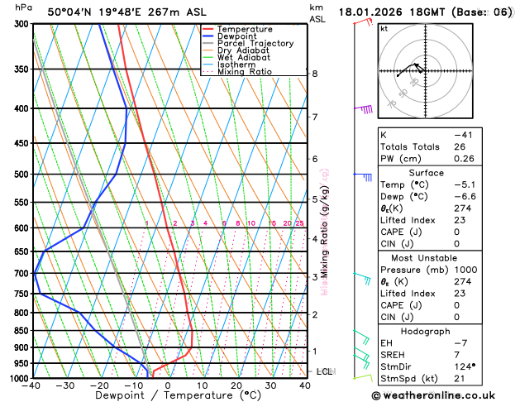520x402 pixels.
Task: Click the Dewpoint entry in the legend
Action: [236, 36]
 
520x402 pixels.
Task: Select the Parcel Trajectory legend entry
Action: [255, 44]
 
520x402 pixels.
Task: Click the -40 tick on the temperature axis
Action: [32, 385]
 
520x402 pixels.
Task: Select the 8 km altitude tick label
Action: [314, 74]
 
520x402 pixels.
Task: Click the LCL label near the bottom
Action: [324, 371]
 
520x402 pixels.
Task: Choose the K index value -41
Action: [464, 135]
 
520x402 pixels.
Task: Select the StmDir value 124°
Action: [461, 366]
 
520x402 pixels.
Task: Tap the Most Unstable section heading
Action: [427, 258]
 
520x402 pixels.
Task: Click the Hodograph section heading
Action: [427, 331]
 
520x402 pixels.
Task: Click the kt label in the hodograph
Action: [384, 28]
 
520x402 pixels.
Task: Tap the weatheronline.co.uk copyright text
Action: [443, 395]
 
